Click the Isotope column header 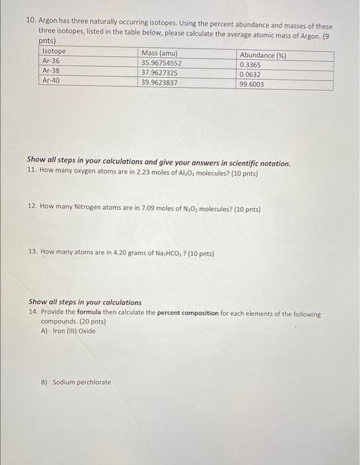click(x=54, y=51)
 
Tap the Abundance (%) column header click(x=263, y=56)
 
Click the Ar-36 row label click(x=51, y=60)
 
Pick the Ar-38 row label click(x=51, y=70)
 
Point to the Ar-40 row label click(x=51, y=80)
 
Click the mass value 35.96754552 click(x=161, y=63)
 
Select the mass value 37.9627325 click(x=159, y=73)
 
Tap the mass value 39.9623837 click(x=159, y=83)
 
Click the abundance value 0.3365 click(x=250, y=65)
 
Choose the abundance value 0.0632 click(x=250, y=75)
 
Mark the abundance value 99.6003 click(x=252, y=85)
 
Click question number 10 click(x=31, y=21)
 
